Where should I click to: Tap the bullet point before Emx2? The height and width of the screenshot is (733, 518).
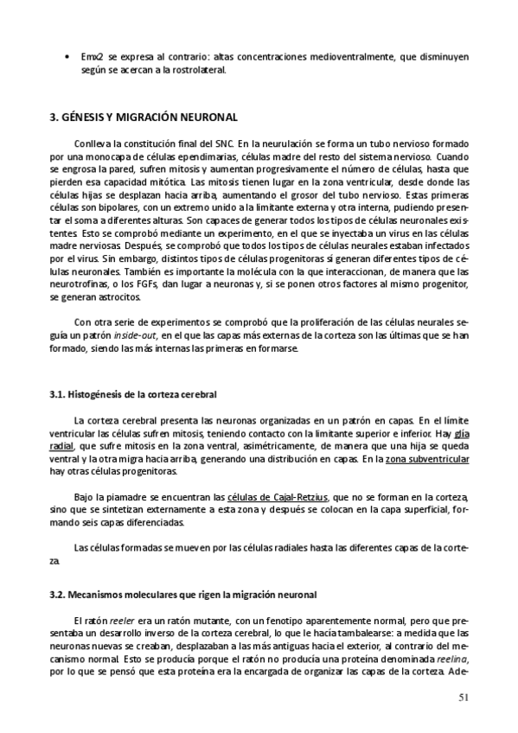tap(68, 57)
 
